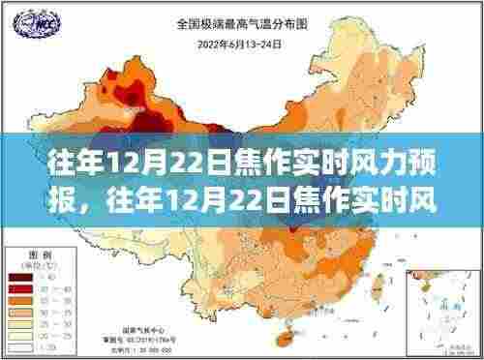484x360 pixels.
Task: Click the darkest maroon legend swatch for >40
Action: point(19,277)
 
